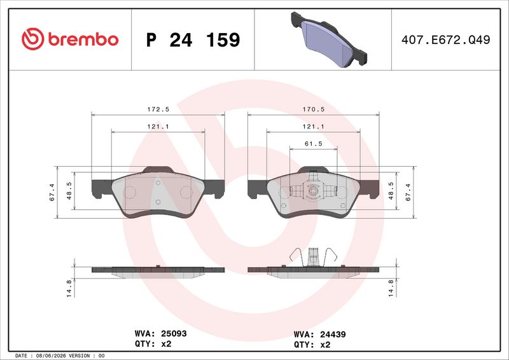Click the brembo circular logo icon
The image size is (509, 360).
pos(33,39)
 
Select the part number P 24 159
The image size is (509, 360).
pos(193,40)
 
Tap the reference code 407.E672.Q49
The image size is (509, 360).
pos(446,39)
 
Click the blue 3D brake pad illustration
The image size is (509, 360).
pos(328,39)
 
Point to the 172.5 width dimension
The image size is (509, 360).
pos(158,109)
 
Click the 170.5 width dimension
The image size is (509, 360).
pos(314,109)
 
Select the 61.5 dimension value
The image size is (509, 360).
pos(314,144)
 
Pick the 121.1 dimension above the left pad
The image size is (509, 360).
pos(158,127)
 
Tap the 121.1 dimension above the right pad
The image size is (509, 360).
pos(314,127)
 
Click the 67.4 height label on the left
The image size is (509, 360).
pos(52,192)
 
